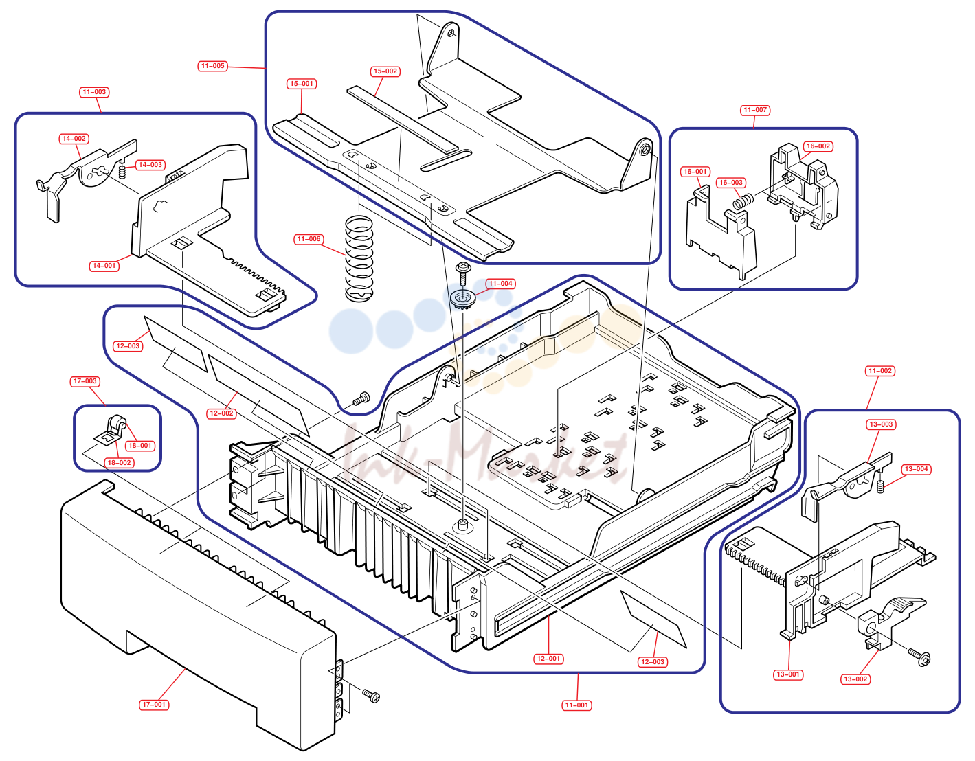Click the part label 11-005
point(213,66)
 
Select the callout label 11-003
point(94,92)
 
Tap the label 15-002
point(385,71)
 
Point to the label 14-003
point(150,165)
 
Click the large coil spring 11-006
point(359,258)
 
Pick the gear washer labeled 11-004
point(462,298)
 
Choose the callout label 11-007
point(755,110)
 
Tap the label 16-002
point(818,146)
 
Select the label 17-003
point(85,381)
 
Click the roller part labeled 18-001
point(118,424)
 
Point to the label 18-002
point(119,463)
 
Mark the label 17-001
point(154,705)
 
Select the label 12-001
point(548,659)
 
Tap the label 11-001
point(576,705)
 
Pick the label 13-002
point(855,679)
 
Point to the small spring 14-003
point(122,172)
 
